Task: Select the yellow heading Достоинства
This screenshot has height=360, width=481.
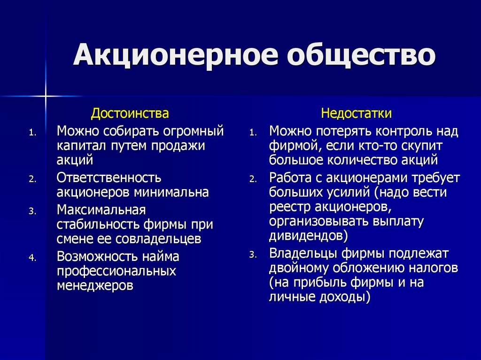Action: (130, 113)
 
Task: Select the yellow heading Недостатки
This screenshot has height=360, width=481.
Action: (356, 113)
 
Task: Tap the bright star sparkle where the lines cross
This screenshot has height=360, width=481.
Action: (46, 96)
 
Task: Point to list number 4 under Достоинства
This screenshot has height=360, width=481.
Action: (32, 258)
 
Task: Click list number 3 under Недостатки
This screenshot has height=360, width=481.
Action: (252, 254)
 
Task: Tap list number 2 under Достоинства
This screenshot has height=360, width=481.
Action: (32, 179)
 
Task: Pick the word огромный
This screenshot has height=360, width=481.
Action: (193, 131)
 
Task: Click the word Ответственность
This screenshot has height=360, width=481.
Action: (109, 178)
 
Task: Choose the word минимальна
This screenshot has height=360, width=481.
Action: (171, 192)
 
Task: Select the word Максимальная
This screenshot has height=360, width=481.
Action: (101, 210)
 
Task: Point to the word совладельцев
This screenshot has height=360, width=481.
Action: (158, 239)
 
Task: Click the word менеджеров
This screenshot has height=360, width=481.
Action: (95, 286)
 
